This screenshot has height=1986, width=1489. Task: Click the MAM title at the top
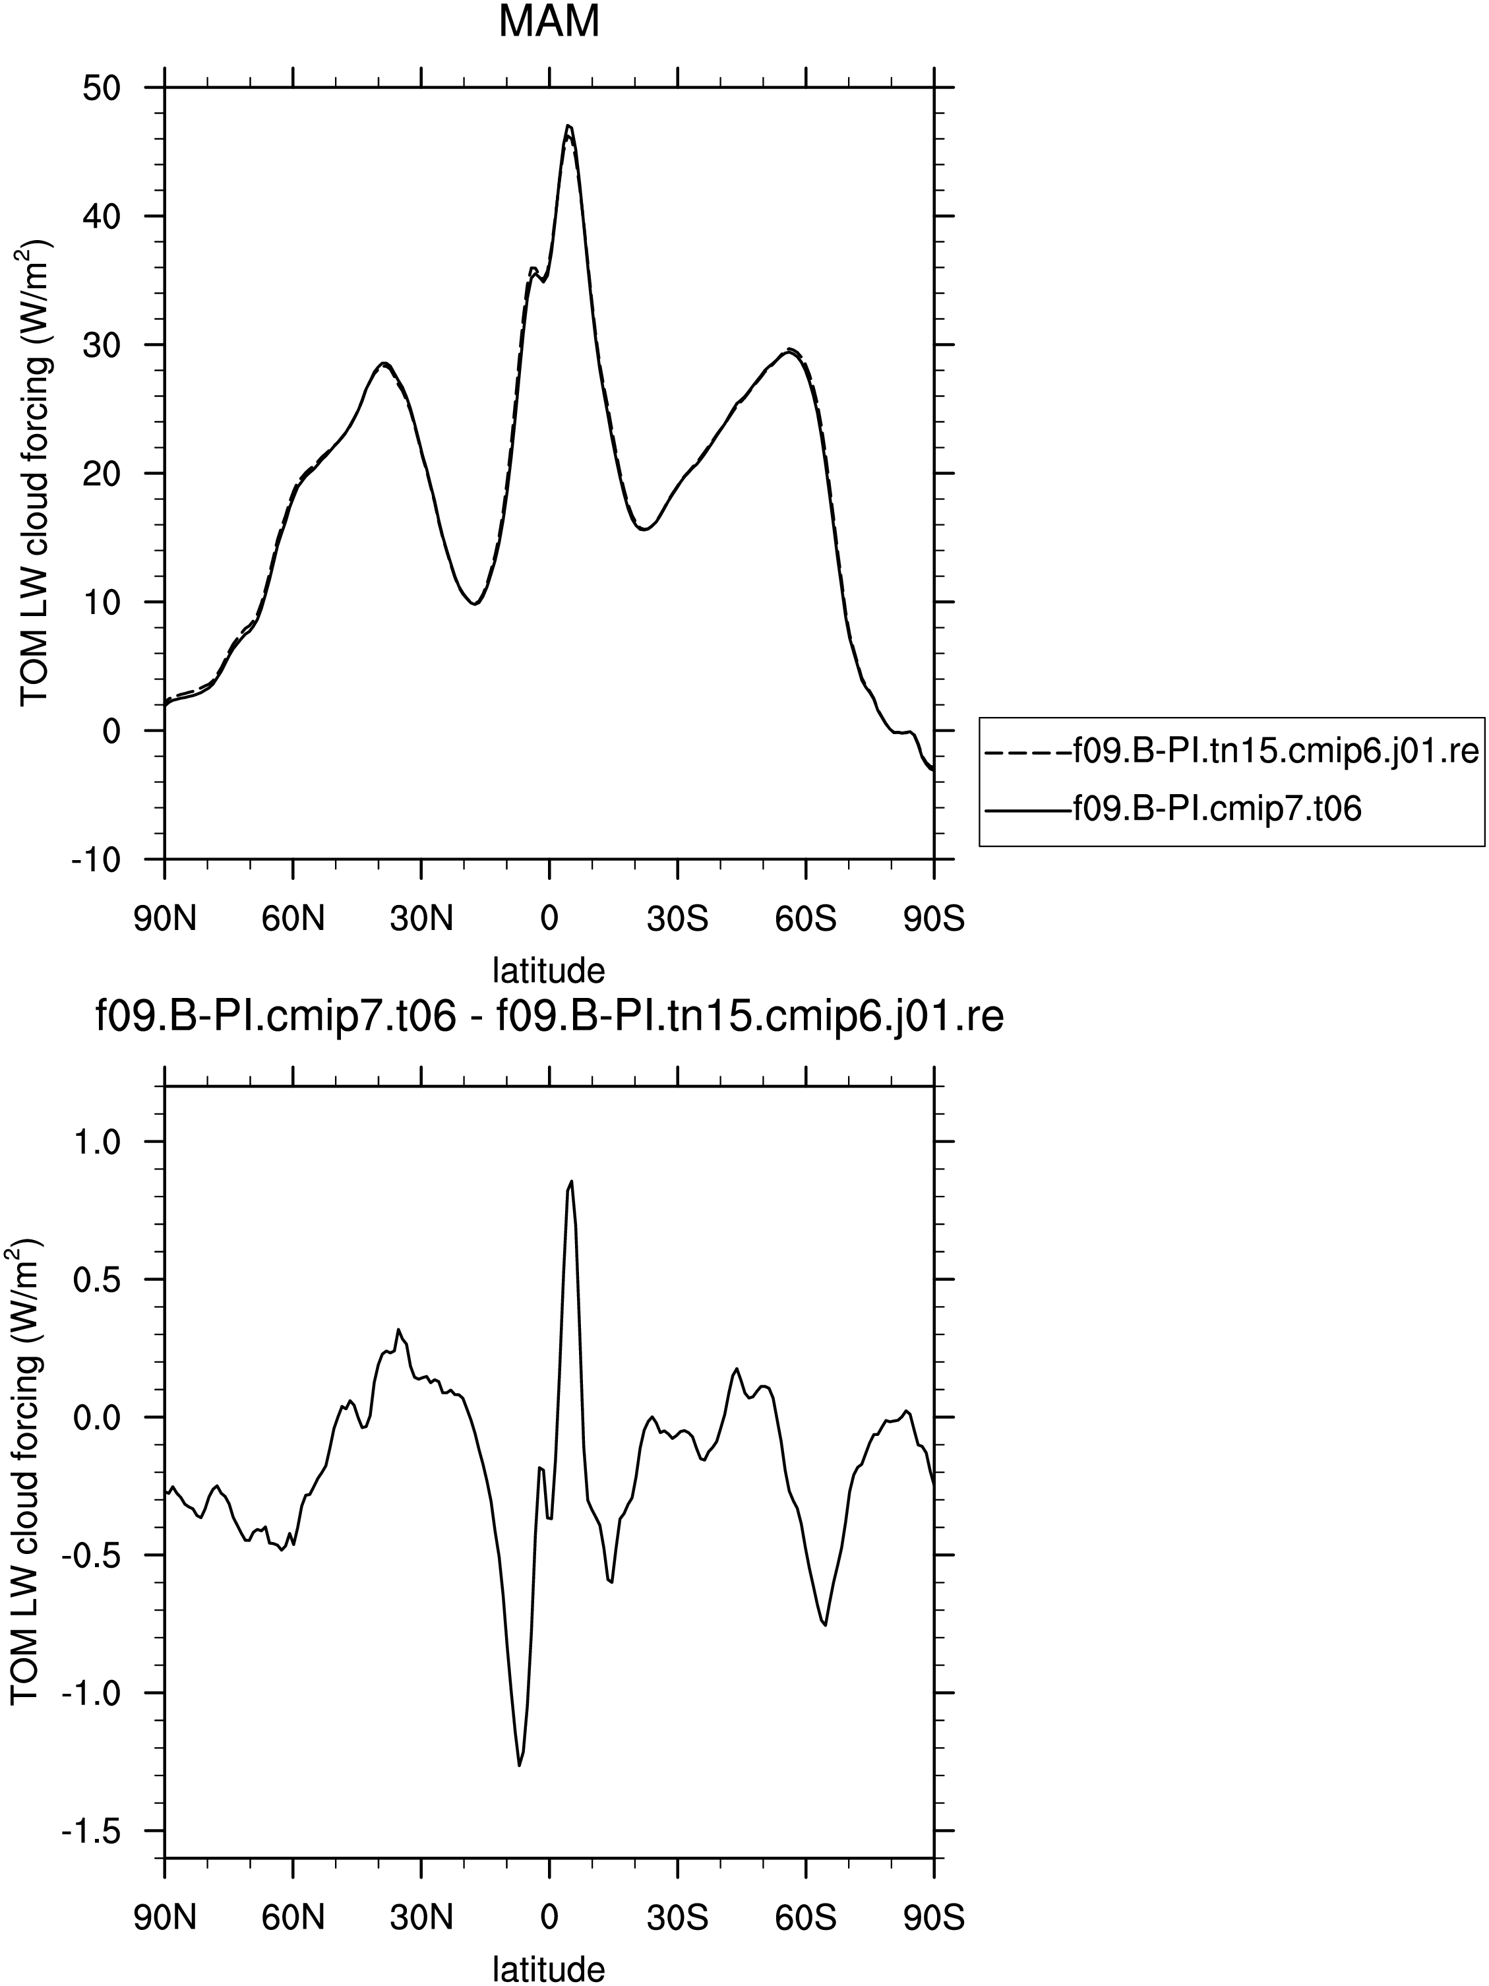549,22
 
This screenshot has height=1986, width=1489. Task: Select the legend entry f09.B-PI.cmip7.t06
1174,809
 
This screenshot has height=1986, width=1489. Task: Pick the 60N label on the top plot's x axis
293,919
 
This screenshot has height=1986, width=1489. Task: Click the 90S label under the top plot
934,919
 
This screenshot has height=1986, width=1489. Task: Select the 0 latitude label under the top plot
549,919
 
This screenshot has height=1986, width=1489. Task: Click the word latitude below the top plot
549,970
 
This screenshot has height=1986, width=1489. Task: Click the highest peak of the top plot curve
568,126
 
